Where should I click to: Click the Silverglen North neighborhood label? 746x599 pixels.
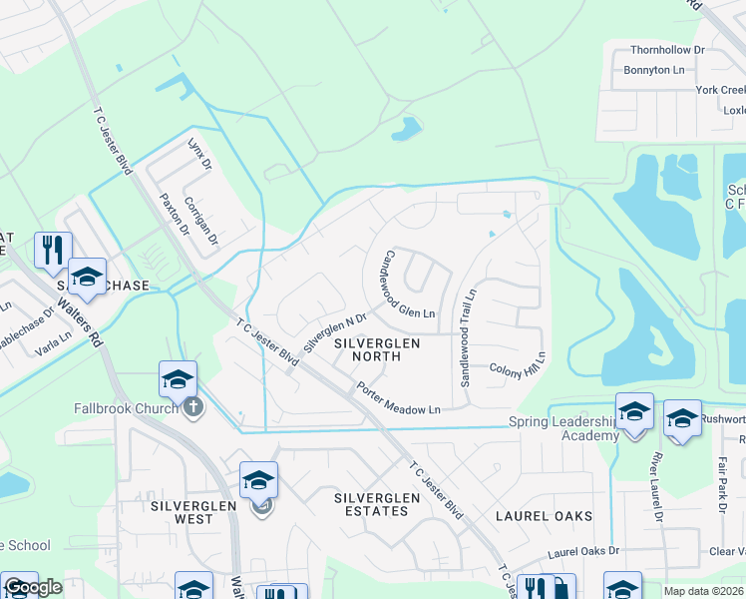pos(376,350)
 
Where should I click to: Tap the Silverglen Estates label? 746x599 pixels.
pos(370,503)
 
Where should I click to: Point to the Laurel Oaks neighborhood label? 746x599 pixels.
pos(545,516)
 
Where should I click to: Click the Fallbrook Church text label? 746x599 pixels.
pos(125,407)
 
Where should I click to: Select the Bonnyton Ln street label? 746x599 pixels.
pos(654,70)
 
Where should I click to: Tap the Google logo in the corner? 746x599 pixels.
pos(33,588)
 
